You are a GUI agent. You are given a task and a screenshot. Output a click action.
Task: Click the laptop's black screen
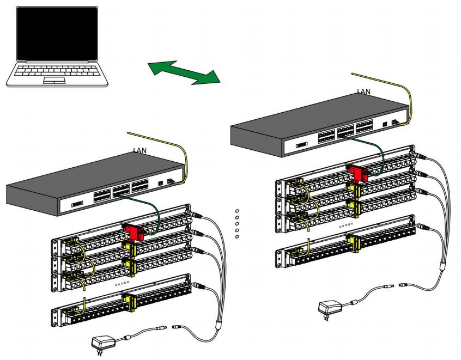[57, 34]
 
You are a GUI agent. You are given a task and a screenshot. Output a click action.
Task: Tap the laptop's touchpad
[54, 80]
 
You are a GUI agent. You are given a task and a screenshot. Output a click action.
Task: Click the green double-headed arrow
[184, 73]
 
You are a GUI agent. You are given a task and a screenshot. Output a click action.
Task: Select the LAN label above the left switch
[140, 150]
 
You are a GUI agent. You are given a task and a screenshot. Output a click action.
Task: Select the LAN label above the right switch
[363, 91]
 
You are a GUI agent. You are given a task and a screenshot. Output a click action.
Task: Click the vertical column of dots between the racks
[237, 223]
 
